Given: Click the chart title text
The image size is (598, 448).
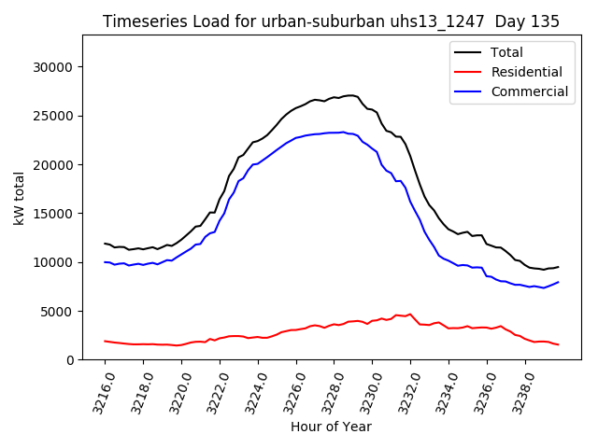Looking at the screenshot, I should pyautogui.click(x=332, y=21).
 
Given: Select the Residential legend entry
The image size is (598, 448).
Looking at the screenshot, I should pyautogui.click(x=526, y=72).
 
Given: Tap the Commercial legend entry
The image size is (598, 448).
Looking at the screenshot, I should pyautogui.click(x=529, y=91).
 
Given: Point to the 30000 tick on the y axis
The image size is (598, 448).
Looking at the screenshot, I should pyautogui.click(x=52, y=67).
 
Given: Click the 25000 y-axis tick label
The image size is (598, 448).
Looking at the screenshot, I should pyautogui.click(x=52, y=116).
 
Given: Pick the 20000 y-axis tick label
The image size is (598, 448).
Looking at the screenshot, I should pyautogui.click(x=52, y=165).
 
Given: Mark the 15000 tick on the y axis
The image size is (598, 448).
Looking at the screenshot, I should pyautogui.click(x=52, y=214).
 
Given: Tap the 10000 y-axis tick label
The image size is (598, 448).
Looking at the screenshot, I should pyautogui.click(x=52, y=262).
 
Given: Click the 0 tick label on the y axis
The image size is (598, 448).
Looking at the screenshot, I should pyautogui.click(x=69, y=359).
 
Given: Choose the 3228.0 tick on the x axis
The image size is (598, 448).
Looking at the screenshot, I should pyautogui.click(x=325, y=392).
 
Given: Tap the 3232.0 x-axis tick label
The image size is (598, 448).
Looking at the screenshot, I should pyautogui.click(x=402, y=392).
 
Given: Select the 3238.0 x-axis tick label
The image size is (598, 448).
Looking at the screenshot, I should pyautogui.click(x=517, y=392).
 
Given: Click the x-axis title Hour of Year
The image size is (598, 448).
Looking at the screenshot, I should pyautogui.click(x=331, y=427).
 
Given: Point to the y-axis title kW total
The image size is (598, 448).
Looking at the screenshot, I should pyautogui.click(x=19, y=197).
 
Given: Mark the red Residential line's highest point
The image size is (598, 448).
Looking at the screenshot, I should pyautogui.click(x=410, y=314).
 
